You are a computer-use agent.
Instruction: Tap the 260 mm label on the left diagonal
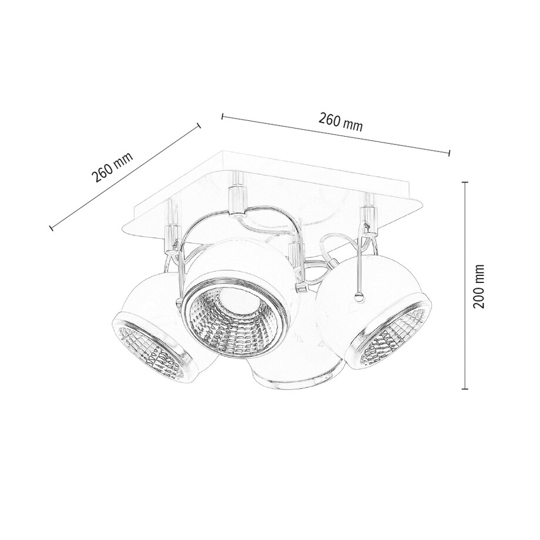(112, 167)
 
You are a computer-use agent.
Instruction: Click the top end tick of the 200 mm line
(465, 183)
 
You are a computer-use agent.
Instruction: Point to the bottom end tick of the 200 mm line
(465, 389)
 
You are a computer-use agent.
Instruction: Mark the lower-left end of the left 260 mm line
(51, 227)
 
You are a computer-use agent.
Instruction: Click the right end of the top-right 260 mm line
(449, 153)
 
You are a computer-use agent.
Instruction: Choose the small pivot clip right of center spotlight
(302, 288)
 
